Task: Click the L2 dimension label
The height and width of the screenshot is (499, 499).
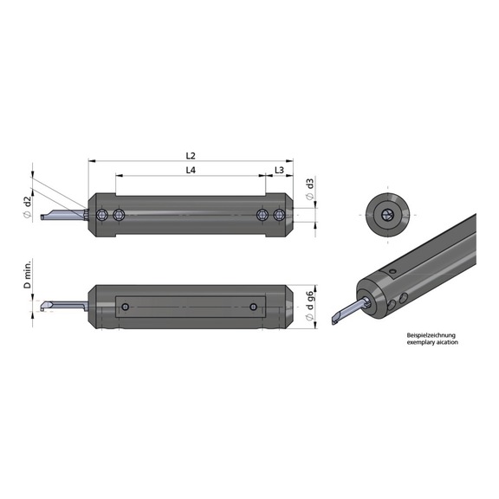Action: pos(191,155)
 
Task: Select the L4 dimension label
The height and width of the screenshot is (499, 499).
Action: pos(191,172)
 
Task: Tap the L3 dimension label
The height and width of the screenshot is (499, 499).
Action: pos(280,172)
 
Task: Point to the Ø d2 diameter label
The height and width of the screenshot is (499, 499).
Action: pos(28,205)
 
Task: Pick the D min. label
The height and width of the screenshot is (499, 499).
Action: pos(28,274)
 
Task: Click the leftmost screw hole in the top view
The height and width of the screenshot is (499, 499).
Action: pos(103,215)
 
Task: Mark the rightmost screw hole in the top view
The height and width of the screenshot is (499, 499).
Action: pos(278,215)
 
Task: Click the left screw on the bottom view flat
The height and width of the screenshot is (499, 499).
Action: pos(127,308)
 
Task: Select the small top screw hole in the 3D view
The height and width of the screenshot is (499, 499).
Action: pos(389,274)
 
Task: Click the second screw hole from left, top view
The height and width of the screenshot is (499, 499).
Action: pos(119,215)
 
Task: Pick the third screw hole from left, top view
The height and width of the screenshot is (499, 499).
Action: pos(262,215)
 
